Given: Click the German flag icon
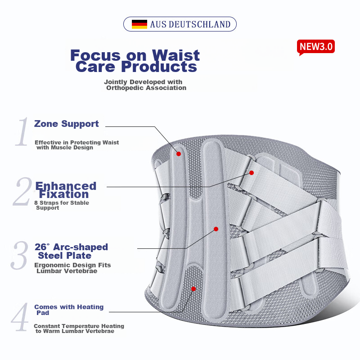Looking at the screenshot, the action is pos(139,24).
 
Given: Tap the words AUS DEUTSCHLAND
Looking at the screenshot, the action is pos(190,24).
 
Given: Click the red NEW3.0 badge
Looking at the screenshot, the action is pos(316,47).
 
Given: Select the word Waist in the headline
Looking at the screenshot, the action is pos(175,55).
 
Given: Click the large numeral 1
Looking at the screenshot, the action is pos(22,131).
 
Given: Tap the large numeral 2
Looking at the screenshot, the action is pos(22,191).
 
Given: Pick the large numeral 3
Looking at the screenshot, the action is pos(19,255).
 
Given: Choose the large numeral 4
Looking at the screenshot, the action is pos(19,317).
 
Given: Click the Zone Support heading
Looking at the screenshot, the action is pos(66,124).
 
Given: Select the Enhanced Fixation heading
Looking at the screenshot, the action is pos(66,190).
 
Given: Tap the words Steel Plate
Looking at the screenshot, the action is pos(64,256).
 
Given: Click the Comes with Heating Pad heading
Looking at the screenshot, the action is pos(69,310).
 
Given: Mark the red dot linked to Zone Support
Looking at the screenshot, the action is pos(179,154).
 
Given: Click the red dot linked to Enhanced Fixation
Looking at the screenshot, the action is pos(252,173).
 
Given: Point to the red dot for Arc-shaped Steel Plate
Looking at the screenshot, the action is pos(216,229).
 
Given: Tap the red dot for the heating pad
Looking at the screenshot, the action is pos(193,289).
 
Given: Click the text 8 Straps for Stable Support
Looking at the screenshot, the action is pos(62,205).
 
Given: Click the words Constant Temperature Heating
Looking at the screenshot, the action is pos(79,326).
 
